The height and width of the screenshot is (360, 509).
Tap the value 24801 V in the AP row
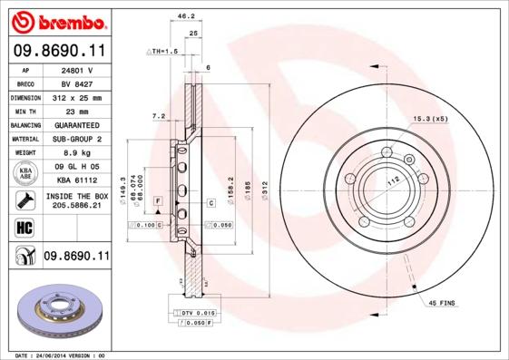tap(77, 69)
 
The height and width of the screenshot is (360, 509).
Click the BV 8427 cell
tap(77, 83)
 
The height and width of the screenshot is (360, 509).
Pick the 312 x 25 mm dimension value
tap(77, 97)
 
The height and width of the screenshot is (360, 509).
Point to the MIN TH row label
tap(26, 111)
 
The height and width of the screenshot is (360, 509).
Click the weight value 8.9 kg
tap(77, 153)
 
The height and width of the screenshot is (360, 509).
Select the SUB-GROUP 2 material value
tap(77, 139)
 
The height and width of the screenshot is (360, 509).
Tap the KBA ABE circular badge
tap(25, 174)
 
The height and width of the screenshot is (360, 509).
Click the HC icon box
tap(25, 227)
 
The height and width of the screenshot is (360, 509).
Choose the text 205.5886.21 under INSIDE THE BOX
tap(77, 206)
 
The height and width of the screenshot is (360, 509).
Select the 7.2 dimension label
tap(158, 116)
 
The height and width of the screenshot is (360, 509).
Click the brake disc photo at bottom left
tap(62, 312)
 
